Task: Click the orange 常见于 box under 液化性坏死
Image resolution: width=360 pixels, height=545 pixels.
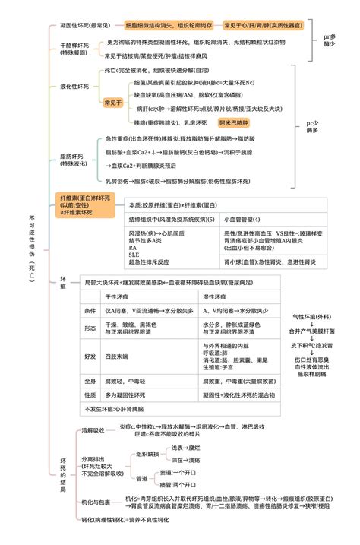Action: click(113, 102)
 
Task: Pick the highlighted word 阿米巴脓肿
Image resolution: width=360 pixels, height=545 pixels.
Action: click(233, 122)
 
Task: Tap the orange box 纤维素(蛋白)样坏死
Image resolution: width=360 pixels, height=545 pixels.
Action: click(85, 203)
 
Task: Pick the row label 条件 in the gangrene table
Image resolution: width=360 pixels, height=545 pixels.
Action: click(90, 311)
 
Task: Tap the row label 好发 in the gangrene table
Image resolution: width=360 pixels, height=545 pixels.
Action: click(90, 356)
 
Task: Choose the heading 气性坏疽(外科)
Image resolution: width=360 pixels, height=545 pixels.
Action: click(312, 315)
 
